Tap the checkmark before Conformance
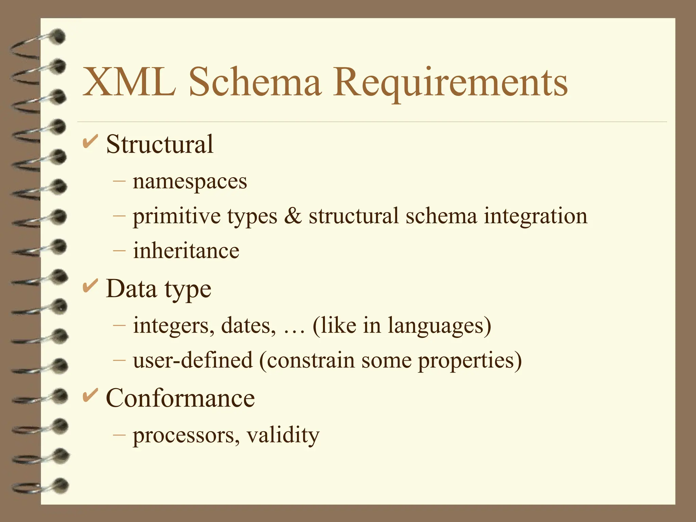(90, 395)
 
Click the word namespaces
(190, 181)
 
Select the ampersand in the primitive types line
(293, 216)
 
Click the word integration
(536, 216)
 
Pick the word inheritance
(186, 251)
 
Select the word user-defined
(193, 360)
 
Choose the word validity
(283, 435)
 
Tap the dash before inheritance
(119, 251)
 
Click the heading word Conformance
(180, 398)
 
